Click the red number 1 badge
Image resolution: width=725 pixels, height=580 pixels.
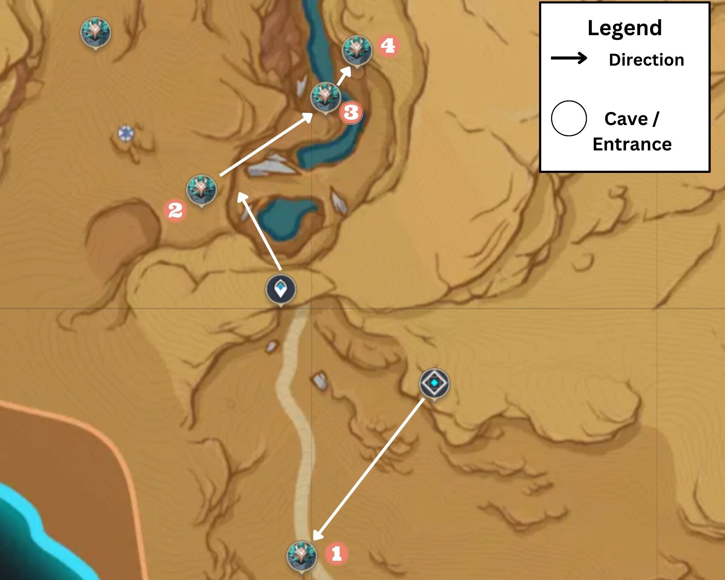click(x=336, y=554)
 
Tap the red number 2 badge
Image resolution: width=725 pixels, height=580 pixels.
click(x=175, y=210)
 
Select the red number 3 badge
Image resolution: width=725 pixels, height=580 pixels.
click(x=351, y=113)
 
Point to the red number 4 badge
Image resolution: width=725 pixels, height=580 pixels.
click(x=388, y=46)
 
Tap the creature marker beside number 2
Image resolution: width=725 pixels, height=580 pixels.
click(x=202, y=189)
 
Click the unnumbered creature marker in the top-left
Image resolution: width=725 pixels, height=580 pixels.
click(x=95, y=32)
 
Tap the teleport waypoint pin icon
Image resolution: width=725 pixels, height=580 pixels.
click(x=280, y=289)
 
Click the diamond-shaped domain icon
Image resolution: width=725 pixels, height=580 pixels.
click(x=434, y=383)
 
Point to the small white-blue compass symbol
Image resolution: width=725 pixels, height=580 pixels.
click(x=126, y=133)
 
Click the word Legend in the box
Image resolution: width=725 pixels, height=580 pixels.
click(x=625, y=28)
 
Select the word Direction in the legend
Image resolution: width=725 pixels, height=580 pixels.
click(x=646, y=60)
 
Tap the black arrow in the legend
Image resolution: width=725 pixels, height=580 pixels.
click(x=569, y=58)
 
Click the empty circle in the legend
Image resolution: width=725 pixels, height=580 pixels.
click(x=569, y=119)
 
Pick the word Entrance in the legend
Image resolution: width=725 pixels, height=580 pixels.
click(x=632, y=144)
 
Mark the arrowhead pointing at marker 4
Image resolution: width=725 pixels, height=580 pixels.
click(x=347, y=71)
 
